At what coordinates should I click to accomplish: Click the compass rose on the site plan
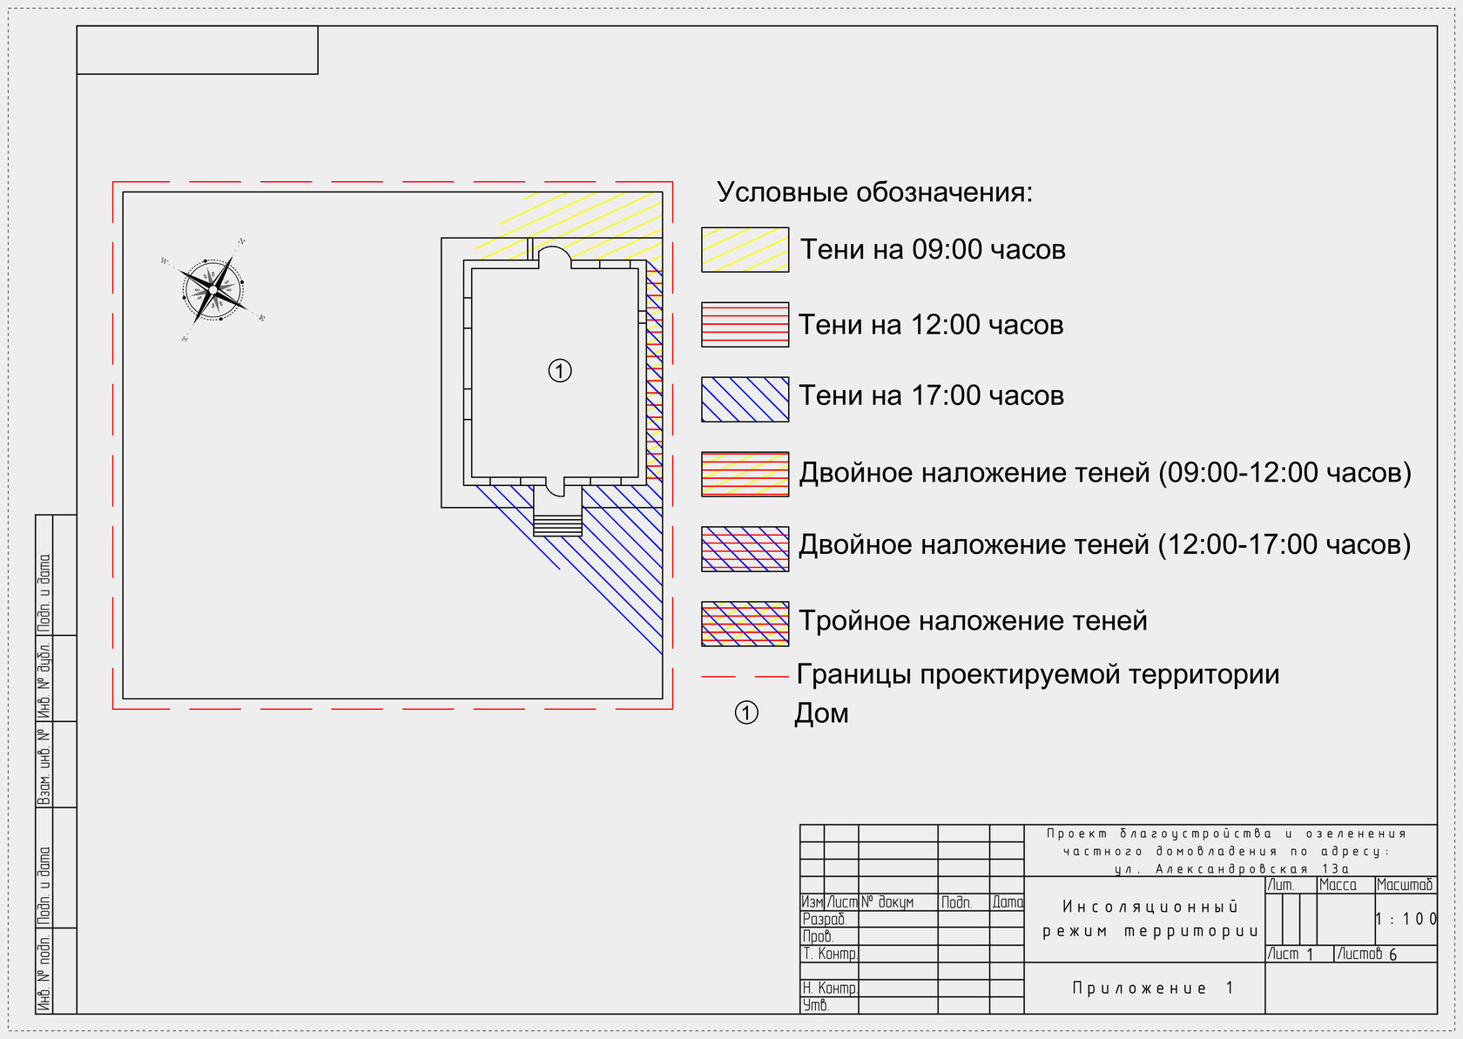[x=213, y=288]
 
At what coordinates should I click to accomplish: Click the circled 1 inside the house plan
[x=560, y=371]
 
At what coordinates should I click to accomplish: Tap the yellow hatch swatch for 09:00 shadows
[x=745, y=250]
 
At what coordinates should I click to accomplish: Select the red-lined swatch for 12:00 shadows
[x=745, y=325]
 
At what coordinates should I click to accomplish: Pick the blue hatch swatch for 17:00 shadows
[x=745, y=400]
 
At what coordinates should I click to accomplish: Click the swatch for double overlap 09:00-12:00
[x=745, y=475]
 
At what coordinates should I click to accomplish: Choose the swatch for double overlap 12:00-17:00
[x=745, y=550]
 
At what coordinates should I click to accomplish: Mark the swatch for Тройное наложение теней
[x=745, y=624]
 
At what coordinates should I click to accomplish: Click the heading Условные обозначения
[x=874, y=192]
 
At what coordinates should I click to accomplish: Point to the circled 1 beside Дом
[x=746, y=713]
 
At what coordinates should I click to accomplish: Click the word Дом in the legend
[x=821, y=713]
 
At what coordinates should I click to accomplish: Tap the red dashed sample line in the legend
[x=745, y=676]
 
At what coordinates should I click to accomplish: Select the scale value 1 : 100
[x=1406, y=919]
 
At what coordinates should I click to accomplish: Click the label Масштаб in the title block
[x=1405, y=885]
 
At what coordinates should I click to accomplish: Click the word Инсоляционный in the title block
[x=1150, y=907]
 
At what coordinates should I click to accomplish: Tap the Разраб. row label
[x=824, y=920]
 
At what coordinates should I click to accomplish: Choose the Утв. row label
[x=815, y=1005]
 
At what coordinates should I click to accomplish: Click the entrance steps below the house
[x=557, y=525]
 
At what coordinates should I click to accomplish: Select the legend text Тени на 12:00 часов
[x=931, y=325]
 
